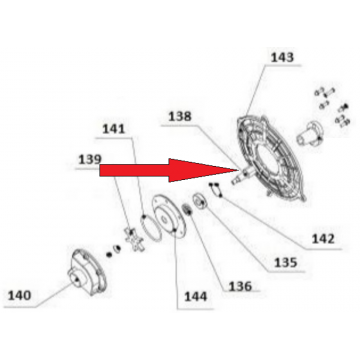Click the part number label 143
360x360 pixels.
coord(282,57)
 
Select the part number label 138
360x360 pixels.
coord(180,116)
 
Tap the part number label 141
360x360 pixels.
coord(113,129)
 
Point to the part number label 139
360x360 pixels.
coord(90,159)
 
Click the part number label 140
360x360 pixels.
coord(19,295)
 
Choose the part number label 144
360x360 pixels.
coord(196,297)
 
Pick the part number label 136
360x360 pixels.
coord(240,286)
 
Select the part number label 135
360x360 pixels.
coord(285,262)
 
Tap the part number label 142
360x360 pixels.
coord(323,239)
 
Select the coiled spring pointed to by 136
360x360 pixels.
coord(188,211)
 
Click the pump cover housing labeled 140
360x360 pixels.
coord(87,272)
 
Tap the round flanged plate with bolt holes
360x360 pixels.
coord(168,217)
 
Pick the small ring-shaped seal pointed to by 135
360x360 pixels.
coord(200,202)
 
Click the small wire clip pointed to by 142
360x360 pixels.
coord(216,189)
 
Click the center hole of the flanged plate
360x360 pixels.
coord(165,219)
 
